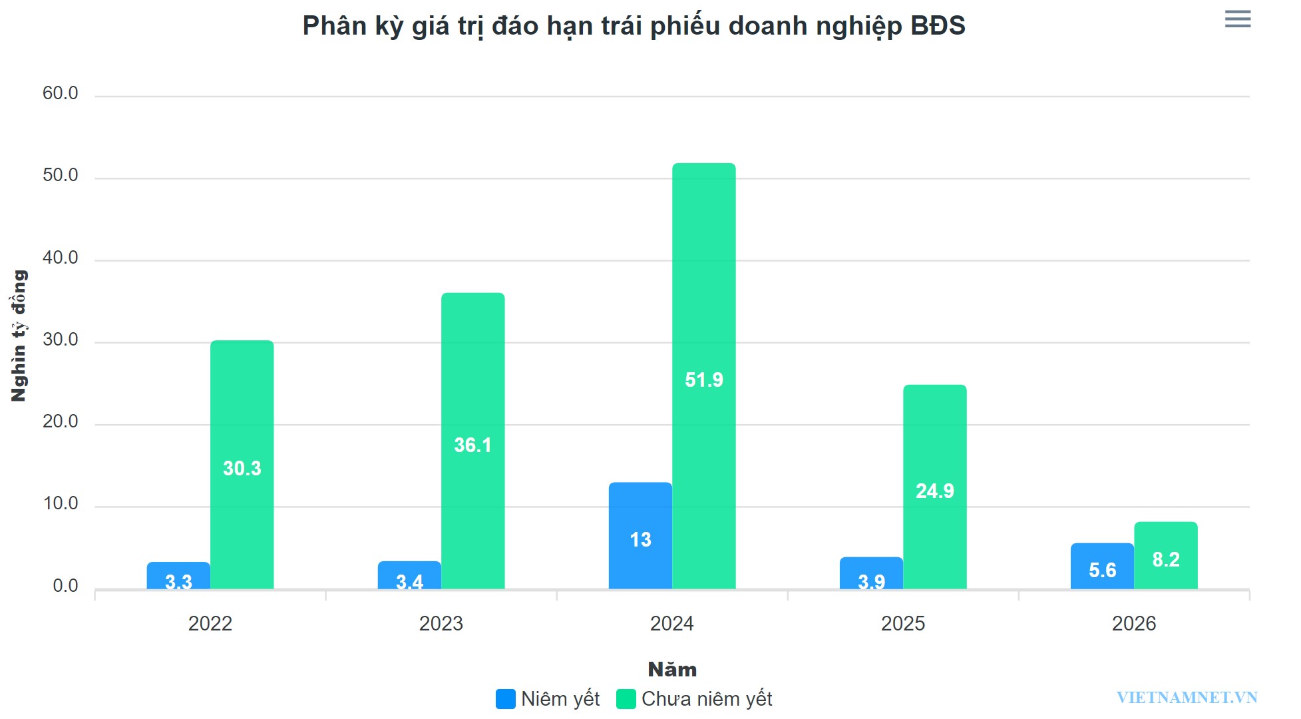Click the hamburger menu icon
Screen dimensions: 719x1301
[x=1237, y=19]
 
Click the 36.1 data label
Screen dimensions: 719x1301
[x=472, y=445]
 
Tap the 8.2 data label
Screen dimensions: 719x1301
[x=1165, y=559]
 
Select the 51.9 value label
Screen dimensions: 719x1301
[x=703, y=379]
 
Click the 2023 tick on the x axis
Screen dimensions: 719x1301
[x=441, y=624]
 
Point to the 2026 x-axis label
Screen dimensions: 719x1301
[x=1133, y=624]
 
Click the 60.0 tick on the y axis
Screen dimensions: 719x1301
[x=61, y=93]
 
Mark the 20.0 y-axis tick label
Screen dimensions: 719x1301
[x=61, y=421]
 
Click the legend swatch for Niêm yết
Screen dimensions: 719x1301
[x=505, y=698]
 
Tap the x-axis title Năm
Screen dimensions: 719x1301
[x=672, y=669]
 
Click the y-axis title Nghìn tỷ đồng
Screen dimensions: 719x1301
[x=19, y=336]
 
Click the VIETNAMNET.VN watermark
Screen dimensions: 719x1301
[x=1187, y=697]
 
